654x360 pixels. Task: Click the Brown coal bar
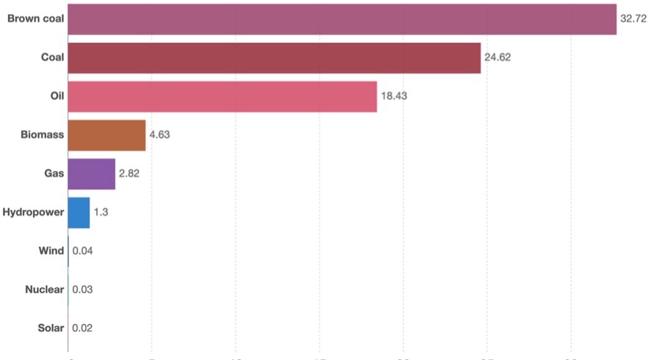342,19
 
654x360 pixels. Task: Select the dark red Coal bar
274,58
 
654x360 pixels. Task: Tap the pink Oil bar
222,96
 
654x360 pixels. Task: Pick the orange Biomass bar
107,135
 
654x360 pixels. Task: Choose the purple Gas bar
91,173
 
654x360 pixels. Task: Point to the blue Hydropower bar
79,212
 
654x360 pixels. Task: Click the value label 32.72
633,19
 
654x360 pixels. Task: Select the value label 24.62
497,58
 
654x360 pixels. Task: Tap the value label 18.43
393,96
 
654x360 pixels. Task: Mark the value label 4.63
159,135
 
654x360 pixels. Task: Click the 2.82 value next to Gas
129,173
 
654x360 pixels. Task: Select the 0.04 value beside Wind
82,251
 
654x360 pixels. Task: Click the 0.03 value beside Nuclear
82,289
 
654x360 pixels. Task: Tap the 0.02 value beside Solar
82,328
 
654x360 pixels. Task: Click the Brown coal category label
35,19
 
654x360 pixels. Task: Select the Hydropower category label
33,212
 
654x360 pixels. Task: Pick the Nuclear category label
44,289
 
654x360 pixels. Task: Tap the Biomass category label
43,135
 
